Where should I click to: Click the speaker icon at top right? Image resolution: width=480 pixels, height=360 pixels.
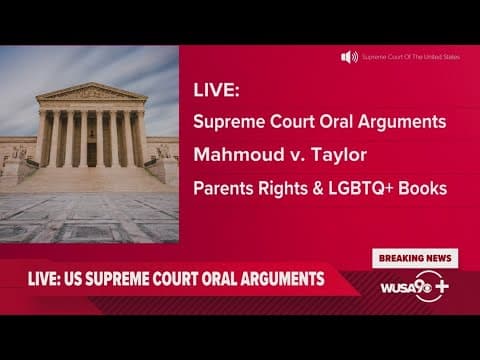(x=349, y=57)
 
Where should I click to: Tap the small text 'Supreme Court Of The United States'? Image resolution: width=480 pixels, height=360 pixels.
(x=411, y=57)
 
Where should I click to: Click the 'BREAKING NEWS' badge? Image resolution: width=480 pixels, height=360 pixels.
(x=413, y=258)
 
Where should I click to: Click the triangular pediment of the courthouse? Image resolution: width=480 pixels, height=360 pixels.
(x=90, y=94)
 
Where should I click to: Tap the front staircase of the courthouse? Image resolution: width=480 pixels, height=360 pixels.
(x=90, y=179)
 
